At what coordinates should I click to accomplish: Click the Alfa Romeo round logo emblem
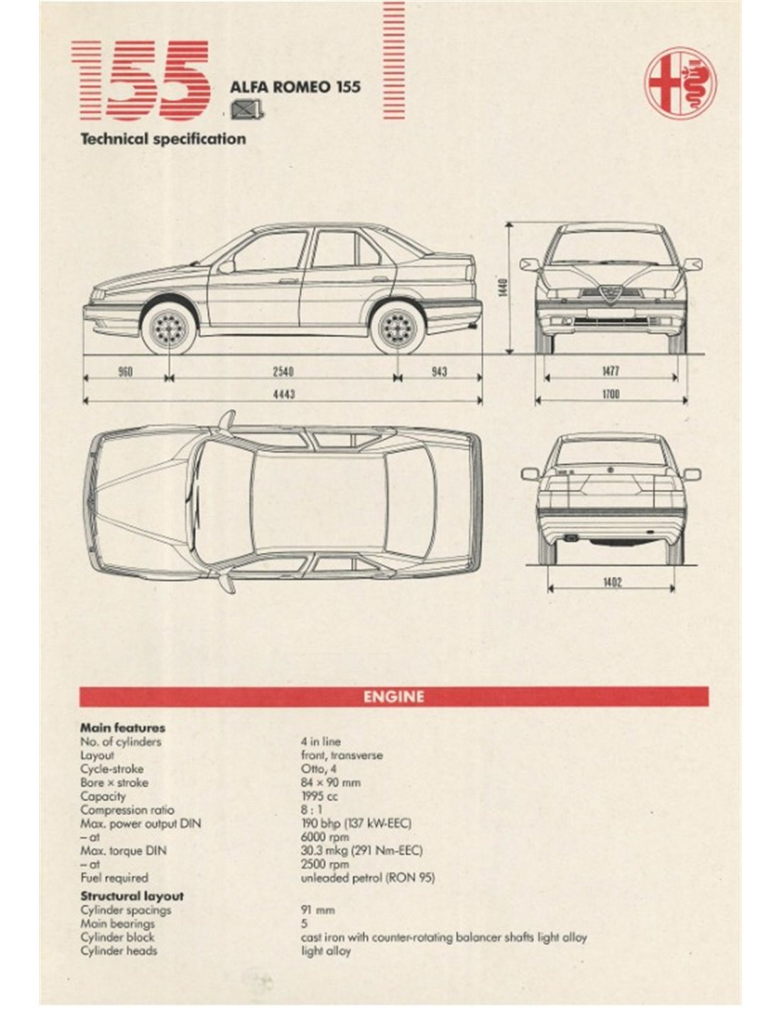[x=680, y=83]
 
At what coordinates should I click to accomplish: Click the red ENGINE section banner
[x=393, y=696]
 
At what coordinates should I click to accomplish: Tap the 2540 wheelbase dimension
[x=283, y=371]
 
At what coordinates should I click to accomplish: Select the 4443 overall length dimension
[x=283, y=395]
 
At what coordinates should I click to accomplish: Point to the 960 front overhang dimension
[x=125, y=371]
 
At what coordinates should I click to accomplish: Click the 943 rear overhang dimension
[x=439, y=371]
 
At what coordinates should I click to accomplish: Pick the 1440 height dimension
[x=503, y=287]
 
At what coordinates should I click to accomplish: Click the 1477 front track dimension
[x=611, y=371]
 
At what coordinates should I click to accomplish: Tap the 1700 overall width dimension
[x=611, y=394]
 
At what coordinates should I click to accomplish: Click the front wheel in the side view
[x=169, y=327]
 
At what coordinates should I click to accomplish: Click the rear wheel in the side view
[x=397, y=327]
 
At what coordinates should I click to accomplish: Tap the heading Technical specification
[x=163, y=139]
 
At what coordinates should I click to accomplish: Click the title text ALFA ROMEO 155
[x=295, y=87]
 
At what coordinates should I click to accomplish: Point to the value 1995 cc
[x=319, y=796]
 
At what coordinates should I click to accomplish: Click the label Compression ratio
[x=127, y=810]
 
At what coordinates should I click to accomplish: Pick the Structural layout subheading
[x=132, y=896]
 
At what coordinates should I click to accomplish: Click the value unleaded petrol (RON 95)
[x=368, y=878]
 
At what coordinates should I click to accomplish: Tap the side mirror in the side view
[x=226, y=267]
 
